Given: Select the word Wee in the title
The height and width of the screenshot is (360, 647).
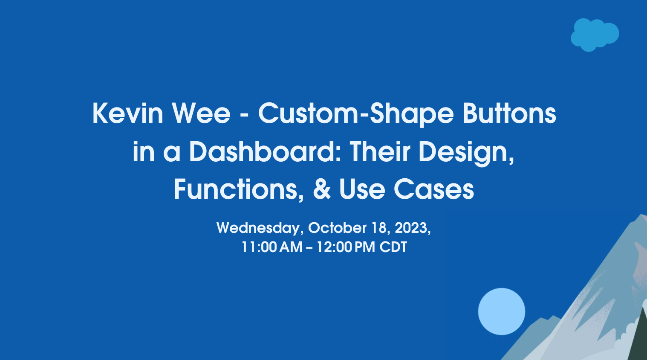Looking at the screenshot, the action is point(201,113).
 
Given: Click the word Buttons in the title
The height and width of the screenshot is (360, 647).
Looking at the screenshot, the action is point(509,113).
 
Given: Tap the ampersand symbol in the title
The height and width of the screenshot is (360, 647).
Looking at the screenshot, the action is point(322,189).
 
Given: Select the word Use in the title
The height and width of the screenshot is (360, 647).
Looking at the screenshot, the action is point(362,189).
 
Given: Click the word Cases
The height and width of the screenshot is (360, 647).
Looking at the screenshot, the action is point(434,189).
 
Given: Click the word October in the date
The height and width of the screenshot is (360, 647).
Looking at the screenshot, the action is point(338,228).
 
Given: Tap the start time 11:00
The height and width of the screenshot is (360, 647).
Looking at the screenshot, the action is point(259,247).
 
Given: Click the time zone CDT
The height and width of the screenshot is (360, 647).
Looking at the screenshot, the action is point(393,247).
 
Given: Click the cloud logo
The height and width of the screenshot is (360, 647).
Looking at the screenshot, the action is point(595,35).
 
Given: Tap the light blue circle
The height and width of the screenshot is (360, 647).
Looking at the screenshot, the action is point(501,311).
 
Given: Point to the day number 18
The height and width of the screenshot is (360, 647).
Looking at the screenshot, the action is point(381,228).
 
